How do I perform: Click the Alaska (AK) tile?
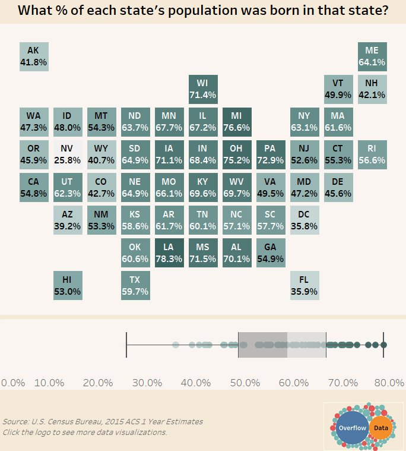(33, 56)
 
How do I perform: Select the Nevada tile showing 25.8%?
(68, 154)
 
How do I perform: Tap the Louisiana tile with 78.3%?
(169, 253)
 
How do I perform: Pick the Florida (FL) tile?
(304, 285)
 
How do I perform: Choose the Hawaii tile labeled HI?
(68, 285)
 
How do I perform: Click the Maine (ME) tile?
(372, 56)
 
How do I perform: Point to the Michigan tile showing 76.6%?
(237, 122)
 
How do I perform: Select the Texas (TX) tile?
(135, 285)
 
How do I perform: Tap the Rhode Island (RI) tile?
(372, 154)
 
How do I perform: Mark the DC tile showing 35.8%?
(304, 220)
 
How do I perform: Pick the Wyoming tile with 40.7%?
(101, 154)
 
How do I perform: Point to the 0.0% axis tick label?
(13, 382)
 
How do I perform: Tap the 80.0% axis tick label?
(389, 382)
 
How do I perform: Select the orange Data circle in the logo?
(380, 428)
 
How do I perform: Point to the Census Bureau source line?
(102, 421)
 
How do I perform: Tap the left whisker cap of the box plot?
(126, 345)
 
